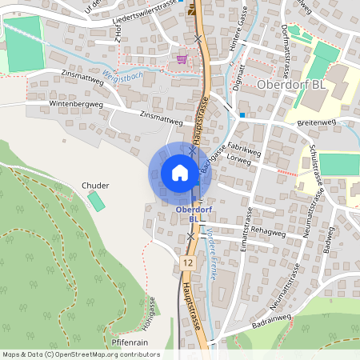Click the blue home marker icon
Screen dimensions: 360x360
(179, 173)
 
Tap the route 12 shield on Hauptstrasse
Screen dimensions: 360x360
(187, 262)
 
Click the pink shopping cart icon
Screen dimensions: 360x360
(182, 58)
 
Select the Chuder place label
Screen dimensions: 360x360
(95, 186)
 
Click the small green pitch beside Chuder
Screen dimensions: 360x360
(96, 201)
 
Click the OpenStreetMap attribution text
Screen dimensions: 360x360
(80, 354)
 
